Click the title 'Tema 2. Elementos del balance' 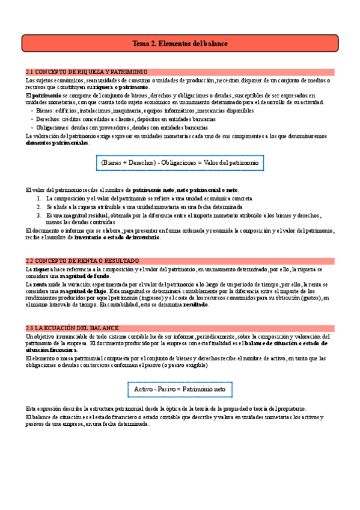[180, 44]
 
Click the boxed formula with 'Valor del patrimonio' [180, 163]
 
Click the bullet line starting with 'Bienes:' [144, 111]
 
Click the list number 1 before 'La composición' [39, 198]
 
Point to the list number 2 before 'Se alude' [39, 206]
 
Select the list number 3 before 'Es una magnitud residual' [39, 215]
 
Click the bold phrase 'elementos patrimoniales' [58, 143]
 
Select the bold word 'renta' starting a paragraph [40, 284]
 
